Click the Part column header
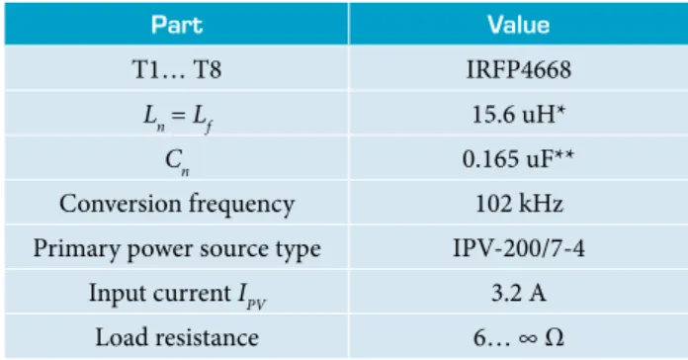pos(177,25)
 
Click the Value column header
pos(519,25)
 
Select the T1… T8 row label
pos(177,69)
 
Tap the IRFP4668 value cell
pos(519,69)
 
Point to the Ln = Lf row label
pos(178,118)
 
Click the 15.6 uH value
pos(519,115)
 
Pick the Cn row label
pos(177,161)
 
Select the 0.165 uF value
pos(518,159)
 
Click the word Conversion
pos(121,204)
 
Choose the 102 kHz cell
pos(519,204)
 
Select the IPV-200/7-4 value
pos(519,248)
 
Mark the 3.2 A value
pos(519,293)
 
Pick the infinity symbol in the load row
pos(528,338)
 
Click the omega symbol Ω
pos(555,337)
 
